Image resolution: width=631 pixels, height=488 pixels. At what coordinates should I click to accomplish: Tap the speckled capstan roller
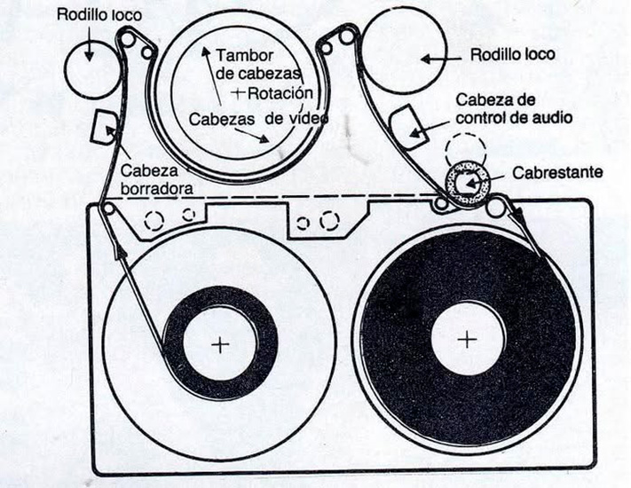[462, 185]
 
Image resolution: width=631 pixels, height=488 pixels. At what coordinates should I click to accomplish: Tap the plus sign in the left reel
[219, 343]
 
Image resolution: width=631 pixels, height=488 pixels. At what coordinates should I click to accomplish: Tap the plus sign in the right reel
[467, 338]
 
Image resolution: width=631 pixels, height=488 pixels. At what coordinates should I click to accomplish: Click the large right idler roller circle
[405, 55]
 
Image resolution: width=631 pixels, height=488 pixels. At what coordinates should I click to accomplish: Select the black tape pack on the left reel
[177, 355]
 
